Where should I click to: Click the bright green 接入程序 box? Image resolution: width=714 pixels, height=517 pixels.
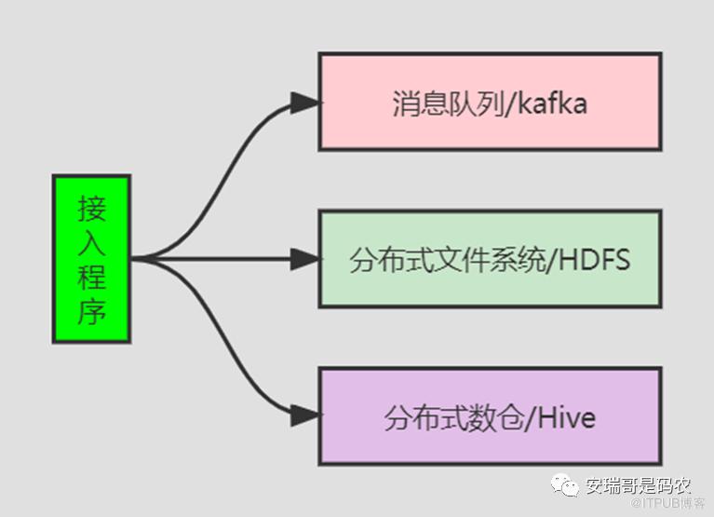click(x=91, y=259)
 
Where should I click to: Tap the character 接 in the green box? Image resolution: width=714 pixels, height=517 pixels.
click(x=91, y=208)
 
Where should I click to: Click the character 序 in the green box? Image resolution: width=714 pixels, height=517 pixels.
click(x=91, y=311)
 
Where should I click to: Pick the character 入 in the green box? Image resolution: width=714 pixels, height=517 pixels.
click(x=91, y=242)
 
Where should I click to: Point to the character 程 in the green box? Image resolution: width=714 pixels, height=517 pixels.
click(x=91, y=277)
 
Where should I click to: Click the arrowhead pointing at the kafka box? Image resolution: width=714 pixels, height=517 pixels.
click(x=305, y=102)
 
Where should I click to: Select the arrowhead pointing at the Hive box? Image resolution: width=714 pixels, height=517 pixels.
click(x=305, y=416)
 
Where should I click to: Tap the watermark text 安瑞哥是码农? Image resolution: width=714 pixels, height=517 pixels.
click(x=639, y=485)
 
